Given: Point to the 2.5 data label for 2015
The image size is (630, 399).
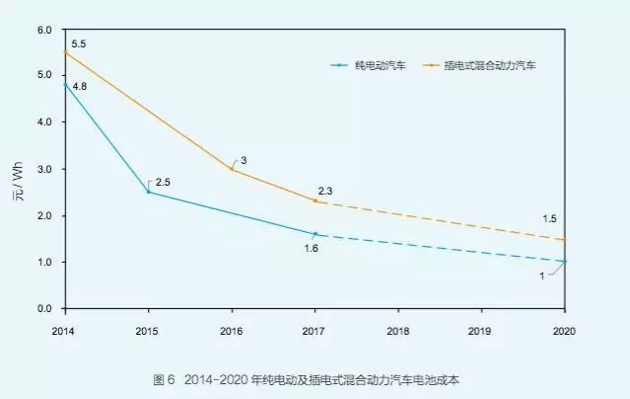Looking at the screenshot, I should click(164, 181).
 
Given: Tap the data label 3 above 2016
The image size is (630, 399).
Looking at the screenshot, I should click(244, 160).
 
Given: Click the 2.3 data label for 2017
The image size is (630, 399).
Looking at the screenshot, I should click(327, 190).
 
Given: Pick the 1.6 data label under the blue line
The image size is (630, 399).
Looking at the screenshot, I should click(312, 248).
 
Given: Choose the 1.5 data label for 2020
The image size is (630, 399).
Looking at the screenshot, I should click(551, 218).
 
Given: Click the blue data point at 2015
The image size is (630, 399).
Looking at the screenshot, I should click(148, 192).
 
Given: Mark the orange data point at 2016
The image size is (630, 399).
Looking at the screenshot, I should click(232, 169).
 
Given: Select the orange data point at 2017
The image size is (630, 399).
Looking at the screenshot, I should click(315, 201).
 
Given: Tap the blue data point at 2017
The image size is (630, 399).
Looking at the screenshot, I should click(315, 234).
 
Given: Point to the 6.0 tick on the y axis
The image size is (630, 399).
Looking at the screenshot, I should click(43, 30).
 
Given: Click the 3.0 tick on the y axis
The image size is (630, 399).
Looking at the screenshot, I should click(43, 169).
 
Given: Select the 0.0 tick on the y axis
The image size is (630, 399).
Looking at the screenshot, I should click(43, 309).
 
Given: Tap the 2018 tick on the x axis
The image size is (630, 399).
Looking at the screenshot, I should click(399, 330).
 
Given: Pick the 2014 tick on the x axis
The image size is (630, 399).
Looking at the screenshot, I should click(64, 330).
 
